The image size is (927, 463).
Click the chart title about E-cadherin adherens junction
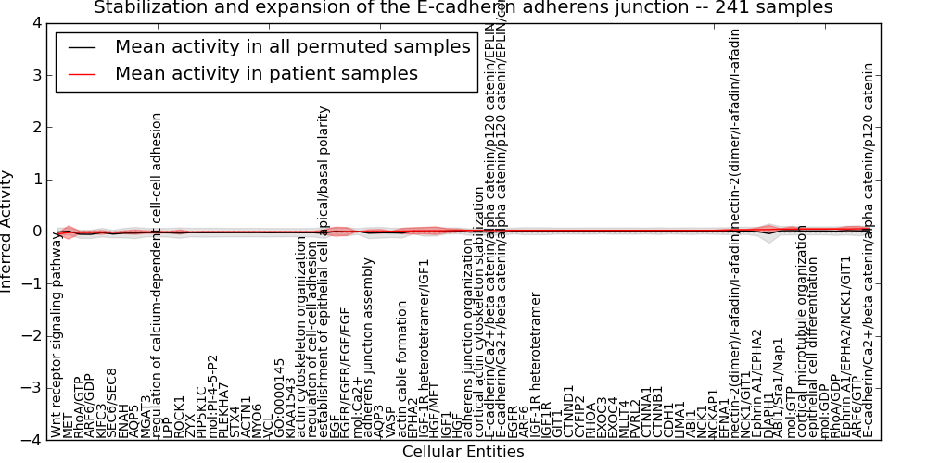463,8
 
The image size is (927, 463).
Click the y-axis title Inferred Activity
8,231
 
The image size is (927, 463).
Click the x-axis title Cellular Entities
463,451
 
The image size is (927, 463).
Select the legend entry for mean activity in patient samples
266,73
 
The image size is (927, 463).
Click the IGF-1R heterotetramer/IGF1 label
425,361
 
